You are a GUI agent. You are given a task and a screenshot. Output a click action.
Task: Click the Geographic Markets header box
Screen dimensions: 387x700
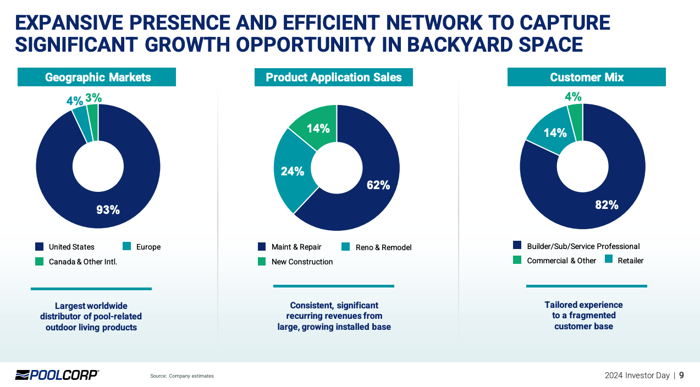coord(97,77)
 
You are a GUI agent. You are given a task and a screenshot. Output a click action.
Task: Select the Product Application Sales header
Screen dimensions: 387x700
coord(333,77)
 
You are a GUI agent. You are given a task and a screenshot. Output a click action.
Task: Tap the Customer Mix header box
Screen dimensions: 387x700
coord(586,77)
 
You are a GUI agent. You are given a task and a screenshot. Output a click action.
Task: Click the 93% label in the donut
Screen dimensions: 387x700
coord(108,209)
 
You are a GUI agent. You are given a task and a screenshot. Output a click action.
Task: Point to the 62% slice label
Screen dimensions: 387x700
coord(378,185)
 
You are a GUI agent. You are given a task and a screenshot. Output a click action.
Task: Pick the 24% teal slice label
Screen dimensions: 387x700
coord(293,171)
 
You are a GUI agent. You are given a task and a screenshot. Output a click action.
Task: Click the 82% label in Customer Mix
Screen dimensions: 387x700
coord(607,205)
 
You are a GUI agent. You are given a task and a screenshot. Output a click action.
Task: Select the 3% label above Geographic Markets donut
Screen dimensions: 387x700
coord(93,98)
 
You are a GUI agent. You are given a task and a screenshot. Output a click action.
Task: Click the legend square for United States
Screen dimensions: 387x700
coord(39,247)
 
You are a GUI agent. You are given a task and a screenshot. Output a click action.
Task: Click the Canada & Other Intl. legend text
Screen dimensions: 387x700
coord(82,262)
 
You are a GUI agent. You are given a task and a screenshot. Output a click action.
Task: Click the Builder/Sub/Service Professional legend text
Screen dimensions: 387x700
coord(583,246)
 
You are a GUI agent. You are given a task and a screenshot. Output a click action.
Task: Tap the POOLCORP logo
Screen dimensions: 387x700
coord(57,375)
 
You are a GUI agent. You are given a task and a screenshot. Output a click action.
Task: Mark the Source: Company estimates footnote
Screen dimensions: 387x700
coord(182,376)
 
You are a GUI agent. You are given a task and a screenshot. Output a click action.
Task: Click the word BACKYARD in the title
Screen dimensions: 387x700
coord(460,45)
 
